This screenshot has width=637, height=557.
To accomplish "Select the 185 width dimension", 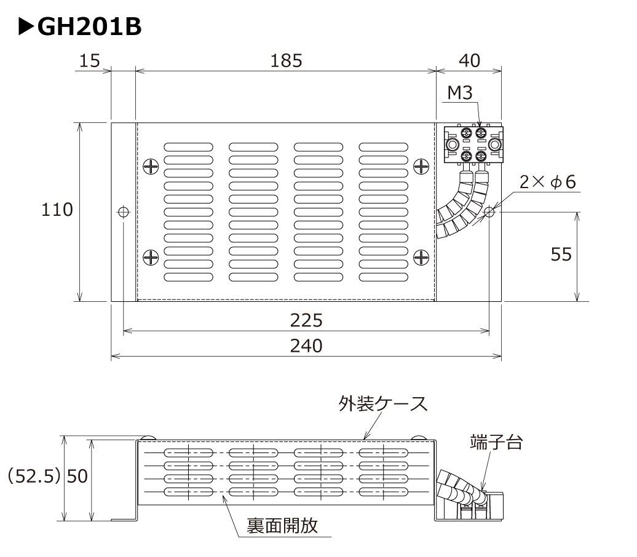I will pos(286,60).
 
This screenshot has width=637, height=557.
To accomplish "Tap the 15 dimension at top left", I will pos(90,60).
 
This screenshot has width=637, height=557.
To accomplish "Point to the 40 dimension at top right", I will pos(470,60).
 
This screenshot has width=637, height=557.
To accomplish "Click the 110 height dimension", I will pos(57,210).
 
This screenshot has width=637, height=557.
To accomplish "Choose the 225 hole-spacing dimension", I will pos(306,320).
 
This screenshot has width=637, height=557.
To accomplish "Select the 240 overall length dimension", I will pos(306,346).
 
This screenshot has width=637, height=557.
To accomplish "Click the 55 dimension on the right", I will pos(561,254).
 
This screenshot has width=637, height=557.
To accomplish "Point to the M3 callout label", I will pos(459,93).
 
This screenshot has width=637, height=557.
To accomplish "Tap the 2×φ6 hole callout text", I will pos(547,182).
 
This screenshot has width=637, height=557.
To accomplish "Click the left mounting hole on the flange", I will pos(123,212).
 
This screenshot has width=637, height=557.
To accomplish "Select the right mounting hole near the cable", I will pos(489,212).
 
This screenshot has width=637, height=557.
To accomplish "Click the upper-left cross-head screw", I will pos(151,166).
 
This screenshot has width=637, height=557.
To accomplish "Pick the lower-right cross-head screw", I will pos(421,257).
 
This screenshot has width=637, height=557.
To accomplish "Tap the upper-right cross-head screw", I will pos(421,166).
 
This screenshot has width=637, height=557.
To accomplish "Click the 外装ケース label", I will pos(382,404).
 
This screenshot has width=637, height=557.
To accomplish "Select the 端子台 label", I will pos(496,441).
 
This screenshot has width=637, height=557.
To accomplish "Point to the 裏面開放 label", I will pos(282,526).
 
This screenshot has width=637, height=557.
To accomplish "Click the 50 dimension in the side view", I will pos(77,476).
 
